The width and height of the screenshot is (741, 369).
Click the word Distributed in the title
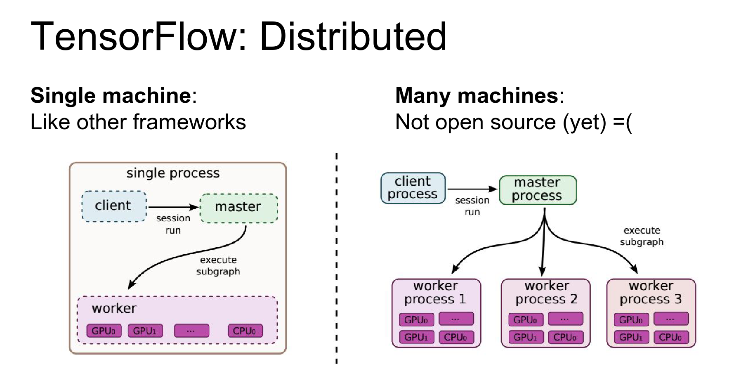pos(353,37)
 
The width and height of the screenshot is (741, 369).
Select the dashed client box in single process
pos(114,206)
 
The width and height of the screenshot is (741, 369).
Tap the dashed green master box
pos(238,208)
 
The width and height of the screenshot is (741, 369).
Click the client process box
pos(413,188)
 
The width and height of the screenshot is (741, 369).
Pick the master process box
pos(537,189)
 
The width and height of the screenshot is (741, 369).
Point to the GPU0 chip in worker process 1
pos(416,320)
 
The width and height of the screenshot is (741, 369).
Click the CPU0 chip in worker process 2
pos(565,337)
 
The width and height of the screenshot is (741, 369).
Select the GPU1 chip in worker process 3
pos(631,337)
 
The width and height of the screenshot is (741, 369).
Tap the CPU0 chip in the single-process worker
pos(245,331)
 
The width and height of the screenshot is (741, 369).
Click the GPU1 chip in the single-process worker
pos(145,331)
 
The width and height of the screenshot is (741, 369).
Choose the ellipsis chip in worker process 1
pos(455,319)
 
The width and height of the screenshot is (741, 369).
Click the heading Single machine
pos(111,96)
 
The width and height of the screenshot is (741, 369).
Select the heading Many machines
pos(477,96)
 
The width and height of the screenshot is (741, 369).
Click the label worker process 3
pos(651,292)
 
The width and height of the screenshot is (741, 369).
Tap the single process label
pos(173,173)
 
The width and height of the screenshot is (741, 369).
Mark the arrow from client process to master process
pos(472,189)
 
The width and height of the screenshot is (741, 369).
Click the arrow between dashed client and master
pos(173,207)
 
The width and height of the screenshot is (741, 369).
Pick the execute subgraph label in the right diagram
pos(642,236)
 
